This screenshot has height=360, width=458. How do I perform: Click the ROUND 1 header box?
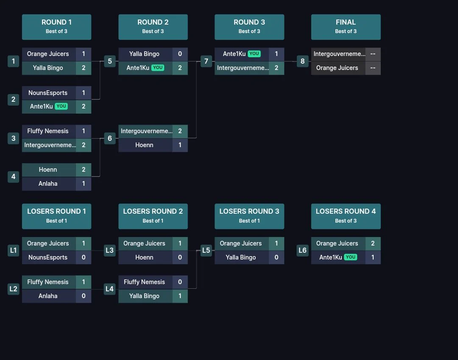coord(57,27)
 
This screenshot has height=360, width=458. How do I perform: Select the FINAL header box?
coord(346,27)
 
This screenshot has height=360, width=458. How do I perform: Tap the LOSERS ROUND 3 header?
coord(249,216)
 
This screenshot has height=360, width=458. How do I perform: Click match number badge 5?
coord(110,61)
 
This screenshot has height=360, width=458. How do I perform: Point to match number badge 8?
coord(303,61)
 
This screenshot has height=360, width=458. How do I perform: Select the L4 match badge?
coord(109,289)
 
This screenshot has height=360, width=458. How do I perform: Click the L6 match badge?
coord(302,250)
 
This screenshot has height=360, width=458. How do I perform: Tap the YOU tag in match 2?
coord(61,106)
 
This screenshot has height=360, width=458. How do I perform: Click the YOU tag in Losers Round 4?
coord(351,257)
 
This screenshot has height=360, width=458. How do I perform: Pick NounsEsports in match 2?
coord(48,93)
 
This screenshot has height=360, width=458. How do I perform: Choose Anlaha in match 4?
coord(48,184)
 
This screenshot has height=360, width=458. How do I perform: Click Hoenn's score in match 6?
coord(180,145)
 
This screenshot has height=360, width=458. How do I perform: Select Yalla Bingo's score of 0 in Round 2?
coord(180,54)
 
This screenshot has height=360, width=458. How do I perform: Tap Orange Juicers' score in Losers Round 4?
coord(373,243)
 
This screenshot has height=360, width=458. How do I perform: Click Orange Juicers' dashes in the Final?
coord(373,68)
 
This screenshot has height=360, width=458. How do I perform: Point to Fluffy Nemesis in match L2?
coord(48,282)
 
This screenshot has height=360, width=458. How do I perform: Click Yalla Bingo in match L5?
coord(241,257)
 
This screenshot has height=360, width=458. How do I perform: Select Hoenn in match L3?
coord(144,257)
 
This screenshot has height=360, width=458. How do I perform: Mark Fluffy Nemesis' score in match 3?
coord(84,131)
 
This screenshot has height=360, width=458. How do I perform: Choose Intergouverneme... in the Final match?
coord(339,54)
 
